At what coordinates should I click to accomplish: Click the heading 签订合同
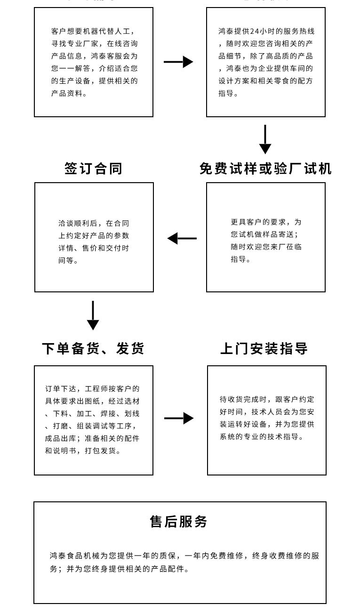93,169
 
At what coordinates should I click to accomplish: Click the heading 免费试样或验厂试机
265,169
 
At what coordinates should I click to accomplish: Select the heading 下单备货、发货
93,349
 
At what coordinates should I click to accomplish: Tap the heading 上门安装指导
264,349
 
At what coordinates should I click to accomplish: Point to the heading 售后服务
179,522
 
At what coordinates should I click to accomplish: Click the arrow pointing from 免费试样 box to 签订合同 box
182,238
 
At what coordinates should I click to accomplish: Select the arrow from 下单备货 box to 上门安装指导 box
179,418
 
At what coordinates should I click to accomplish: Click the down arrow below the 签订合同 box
93,315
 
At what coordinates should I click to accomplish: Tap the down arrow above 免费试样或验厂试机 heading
265,139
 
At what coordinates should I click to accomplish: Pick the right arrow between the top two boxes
178,62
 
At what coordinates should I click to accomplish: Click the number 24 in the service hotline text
255,32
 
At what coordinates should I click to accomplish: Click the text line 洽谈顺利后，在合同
94,224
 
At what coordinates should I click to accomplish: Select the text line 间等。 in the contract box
69,260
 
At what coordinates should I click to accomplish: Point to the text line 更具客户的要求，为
266,222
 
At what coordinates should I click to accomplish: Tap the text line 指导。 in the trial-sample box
240,259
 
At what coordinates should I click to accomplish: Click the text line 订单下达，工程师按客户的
92,389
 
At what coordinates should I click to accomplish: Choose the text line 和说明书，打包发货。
83,451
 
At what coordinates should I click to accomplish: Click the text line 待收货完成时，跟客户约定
267,399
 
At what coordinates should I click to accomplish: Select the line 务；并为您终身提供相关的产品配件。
120,569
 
